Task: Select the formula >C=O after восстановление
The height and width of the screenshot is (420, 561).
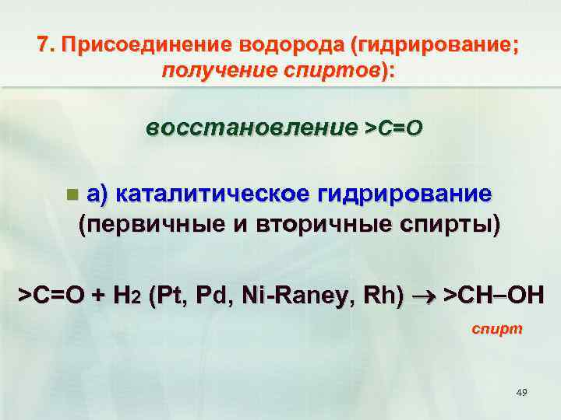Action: pos(393,128)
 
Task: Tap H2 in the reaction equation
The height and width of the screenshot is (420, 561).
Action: pos(124,296)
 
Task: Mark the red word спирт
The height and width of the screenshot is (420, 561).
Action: pos(497,329)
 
